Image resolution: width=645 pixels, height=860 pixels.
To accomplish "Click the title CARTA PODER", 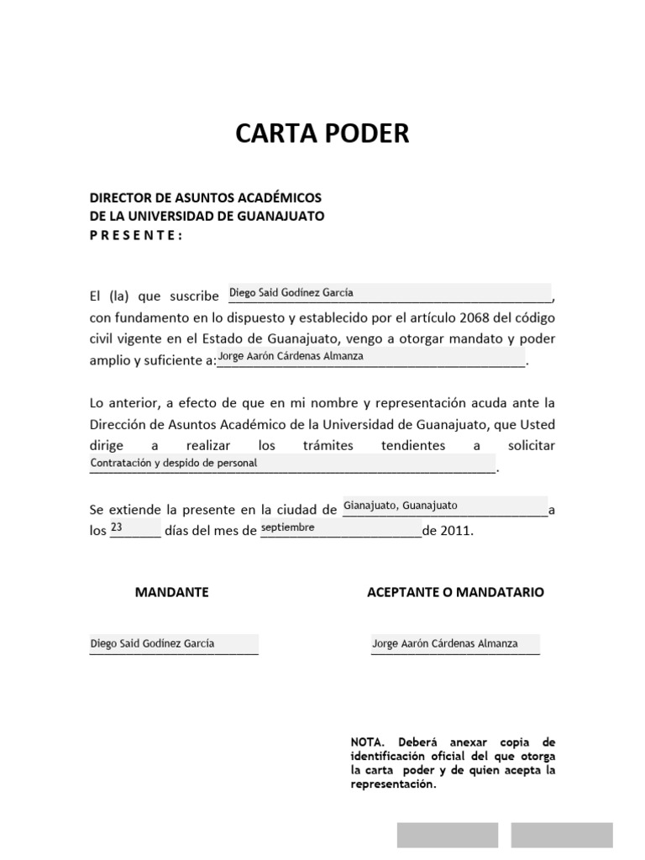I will point(322,134).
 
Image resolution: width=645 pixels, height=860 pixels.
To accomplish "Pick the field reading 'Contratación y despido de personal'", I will point(292,463).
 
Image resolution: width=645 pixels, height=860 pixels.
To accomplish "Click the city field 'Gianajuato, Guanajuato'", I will point(444,506).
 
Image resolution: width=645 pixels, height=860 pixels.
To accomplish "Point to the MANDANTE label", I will point(171,592).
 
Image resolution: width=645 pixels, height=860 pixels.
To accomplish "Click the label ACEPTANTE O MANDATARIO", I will point(455,592).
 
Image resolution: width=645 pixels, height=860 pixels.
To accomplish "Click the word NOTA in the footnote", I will point(366,742).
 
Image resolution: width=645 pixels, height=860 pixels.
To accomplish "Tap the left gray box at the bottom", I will point(447,835).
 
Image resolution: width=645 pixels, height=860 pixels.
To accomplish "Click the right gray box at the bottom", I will point(562,835).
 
